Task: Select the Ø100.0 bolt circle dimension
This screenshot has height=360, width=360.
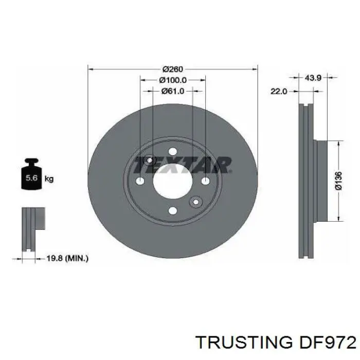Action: tap(173, 80)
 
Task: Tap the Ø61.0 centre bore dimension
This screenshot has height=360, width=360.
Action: tap(173, 91)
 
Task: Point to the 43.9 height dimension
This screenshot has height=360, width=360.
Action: tap(313, 78)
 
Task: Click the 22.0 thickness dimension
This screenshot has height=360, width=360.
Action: tap(278, 91)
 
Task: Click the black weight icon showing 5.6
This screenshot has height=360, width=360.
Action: tap(31, 178)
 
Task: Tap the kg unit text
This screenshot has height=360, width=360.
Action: tap(49, 179)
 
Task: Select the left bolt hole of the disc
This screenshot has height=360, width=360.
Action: tap(140, 181)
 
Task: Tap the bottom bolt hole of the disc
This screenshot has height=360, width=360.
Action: tap(173, 211)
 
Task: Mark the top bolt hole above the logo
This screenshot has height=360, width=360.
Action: tap(173, 150)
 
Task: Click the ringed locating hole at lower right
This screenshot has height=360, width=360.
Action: tap(195, 202)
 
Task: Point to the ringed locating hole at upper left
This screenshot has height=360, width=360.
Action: tap(150, 160)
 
